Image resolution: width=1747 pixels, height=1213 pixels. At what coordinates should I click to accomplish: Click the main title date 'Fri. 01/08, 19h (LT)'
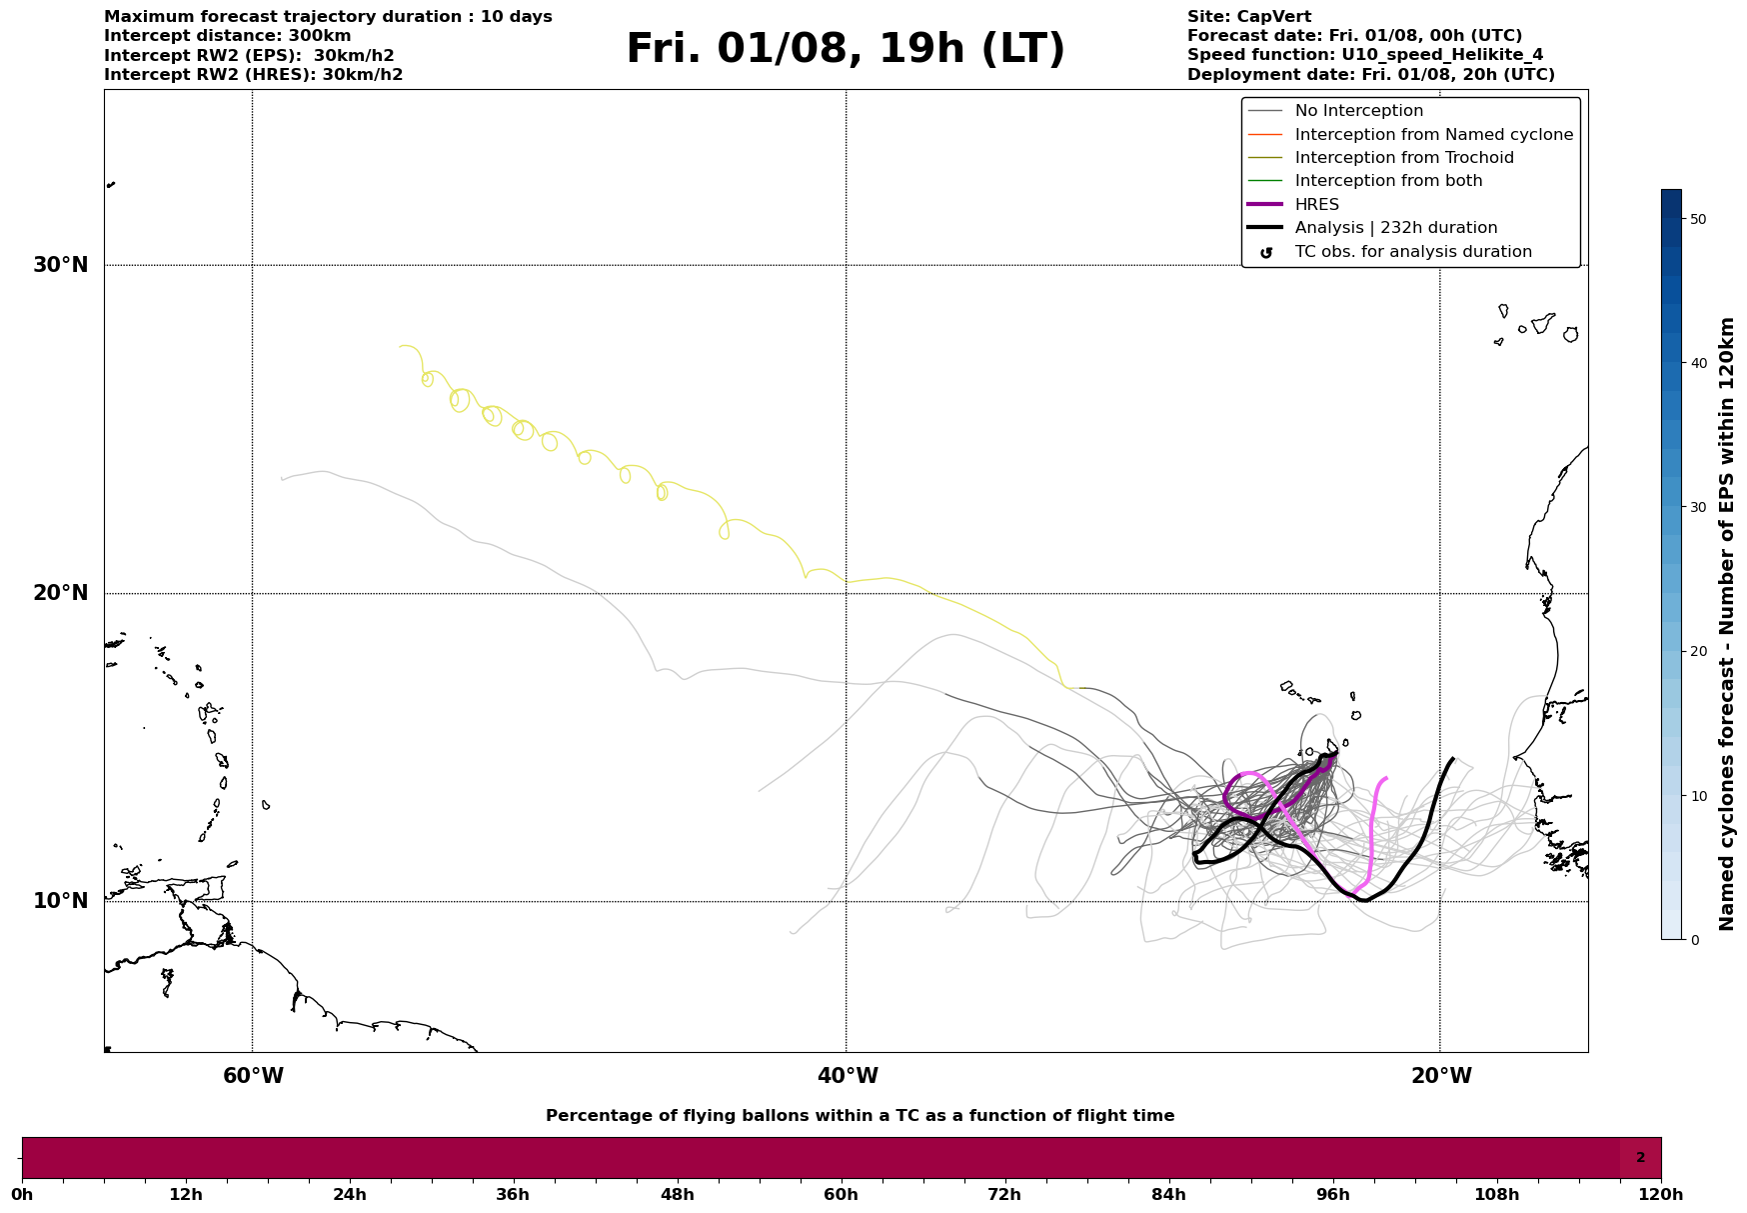pos(846,49)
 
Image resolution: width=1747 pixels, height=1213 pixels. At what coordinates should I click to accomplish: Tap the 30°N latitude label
pos(61,265)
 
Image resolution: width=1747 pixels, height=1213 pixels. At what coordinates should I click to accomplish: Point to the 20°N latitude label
pos(61,593)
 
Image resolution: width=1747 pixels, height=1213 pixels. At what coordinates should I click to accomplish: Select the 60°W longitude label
pos(253,1076)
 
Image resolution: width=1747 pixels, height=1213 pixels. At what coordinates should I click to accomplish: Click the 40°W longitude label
pos(848,1076)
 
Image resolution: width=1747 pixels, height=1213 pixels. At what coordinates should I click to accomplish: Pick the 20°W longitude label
pos(1441,1076)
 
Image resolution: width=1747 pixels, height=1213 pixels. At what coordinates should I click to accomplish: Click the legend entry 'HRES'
pos(1316,205)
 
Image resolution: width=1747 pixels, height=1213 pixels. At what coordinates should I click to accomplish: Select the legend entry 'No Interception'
pos(1358,111)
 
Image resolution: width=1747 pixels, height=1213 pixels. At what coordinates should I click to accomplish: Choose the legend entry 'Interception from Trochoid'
pos(1403,158)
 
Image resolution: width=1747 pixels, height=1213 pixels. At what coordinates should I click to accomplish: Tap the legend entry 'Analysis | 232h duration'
pos(1395,228)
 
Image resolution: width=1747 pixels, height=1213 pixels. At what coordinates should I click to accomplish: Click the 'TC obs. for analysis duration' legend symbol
pos(1266,253)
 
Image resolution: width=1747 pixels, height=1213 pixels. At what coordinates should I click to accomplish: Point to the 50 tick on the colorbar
pos(1697,219)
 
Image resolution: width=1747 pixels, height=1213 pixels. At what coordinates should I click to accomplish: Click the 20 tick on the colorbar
pos(1697,651)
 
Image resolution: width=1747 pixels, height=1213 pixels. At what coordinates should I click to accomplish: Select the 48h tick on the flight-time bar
pos(677,1194)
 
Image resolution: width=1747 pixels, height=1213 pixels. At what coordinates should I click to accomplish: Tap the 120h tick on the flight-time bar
pos(1661,1194)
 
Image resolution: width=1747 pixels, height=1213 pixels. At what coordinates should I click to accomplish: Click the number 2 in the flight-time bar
pos(1640,1158)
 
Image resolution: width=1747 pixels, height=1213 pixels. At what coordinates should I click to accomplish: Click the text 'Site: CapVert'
pos(1248,17)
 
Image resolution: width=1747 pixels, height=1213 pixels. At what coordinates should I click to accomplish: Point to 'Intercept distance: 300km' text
pos(227,36)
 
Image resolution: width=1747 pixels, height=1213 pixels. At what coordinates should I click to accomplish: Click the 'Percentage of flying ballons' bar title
pos(860,1116)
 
